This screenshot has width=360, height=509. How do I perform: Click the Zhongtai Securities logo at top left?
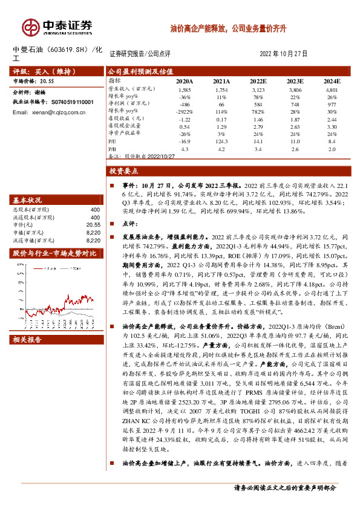(57, 27)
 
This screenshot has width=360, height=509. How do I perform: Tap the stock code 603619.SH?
(67, 50)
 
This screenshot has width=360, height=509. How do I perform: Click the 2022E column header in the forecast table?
(257, 80)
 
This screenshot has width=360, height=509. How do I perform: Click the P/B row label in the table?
(113, 148)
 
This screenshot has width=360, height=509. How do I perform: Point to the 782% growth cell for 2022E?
(257, 111)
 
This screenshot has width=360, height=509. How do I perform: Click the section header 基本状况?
(28, 199)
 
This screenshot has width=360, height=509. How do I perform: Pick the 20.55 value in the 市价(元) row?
(93, 224)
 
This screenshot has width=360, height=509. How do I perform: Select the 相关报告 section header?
(28, 340)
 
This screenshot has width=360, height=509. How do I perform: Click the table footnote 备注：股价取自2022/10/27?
(142, 155)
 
